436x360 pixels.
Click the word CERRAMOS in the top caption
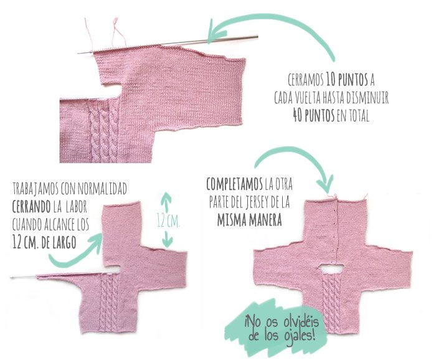[305, 80]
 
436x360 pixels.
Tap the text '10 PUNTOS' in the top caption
[347, 80]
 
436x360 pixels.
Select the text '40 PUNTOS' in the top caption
[313, 115]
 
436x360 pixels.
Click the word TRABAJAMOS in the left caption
[36, 189]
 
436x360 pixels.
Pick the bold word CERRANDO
[31, 207]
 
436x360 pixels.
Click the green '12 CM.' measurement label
[168, 220]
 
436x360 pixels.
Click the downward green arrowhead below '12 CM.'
[167, 241]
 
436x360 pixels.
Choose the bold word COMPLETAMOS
[234, 184]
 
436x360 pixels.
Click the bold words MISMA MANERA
[249, 220]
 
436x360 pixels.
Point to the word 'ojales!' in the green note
[300, 335]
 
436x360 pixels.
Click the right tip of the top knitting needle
[257, 36]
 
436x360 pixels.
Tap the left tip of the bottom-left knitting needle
[11, 277]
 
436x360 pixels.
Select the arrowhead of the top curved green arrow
[216, 32]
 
